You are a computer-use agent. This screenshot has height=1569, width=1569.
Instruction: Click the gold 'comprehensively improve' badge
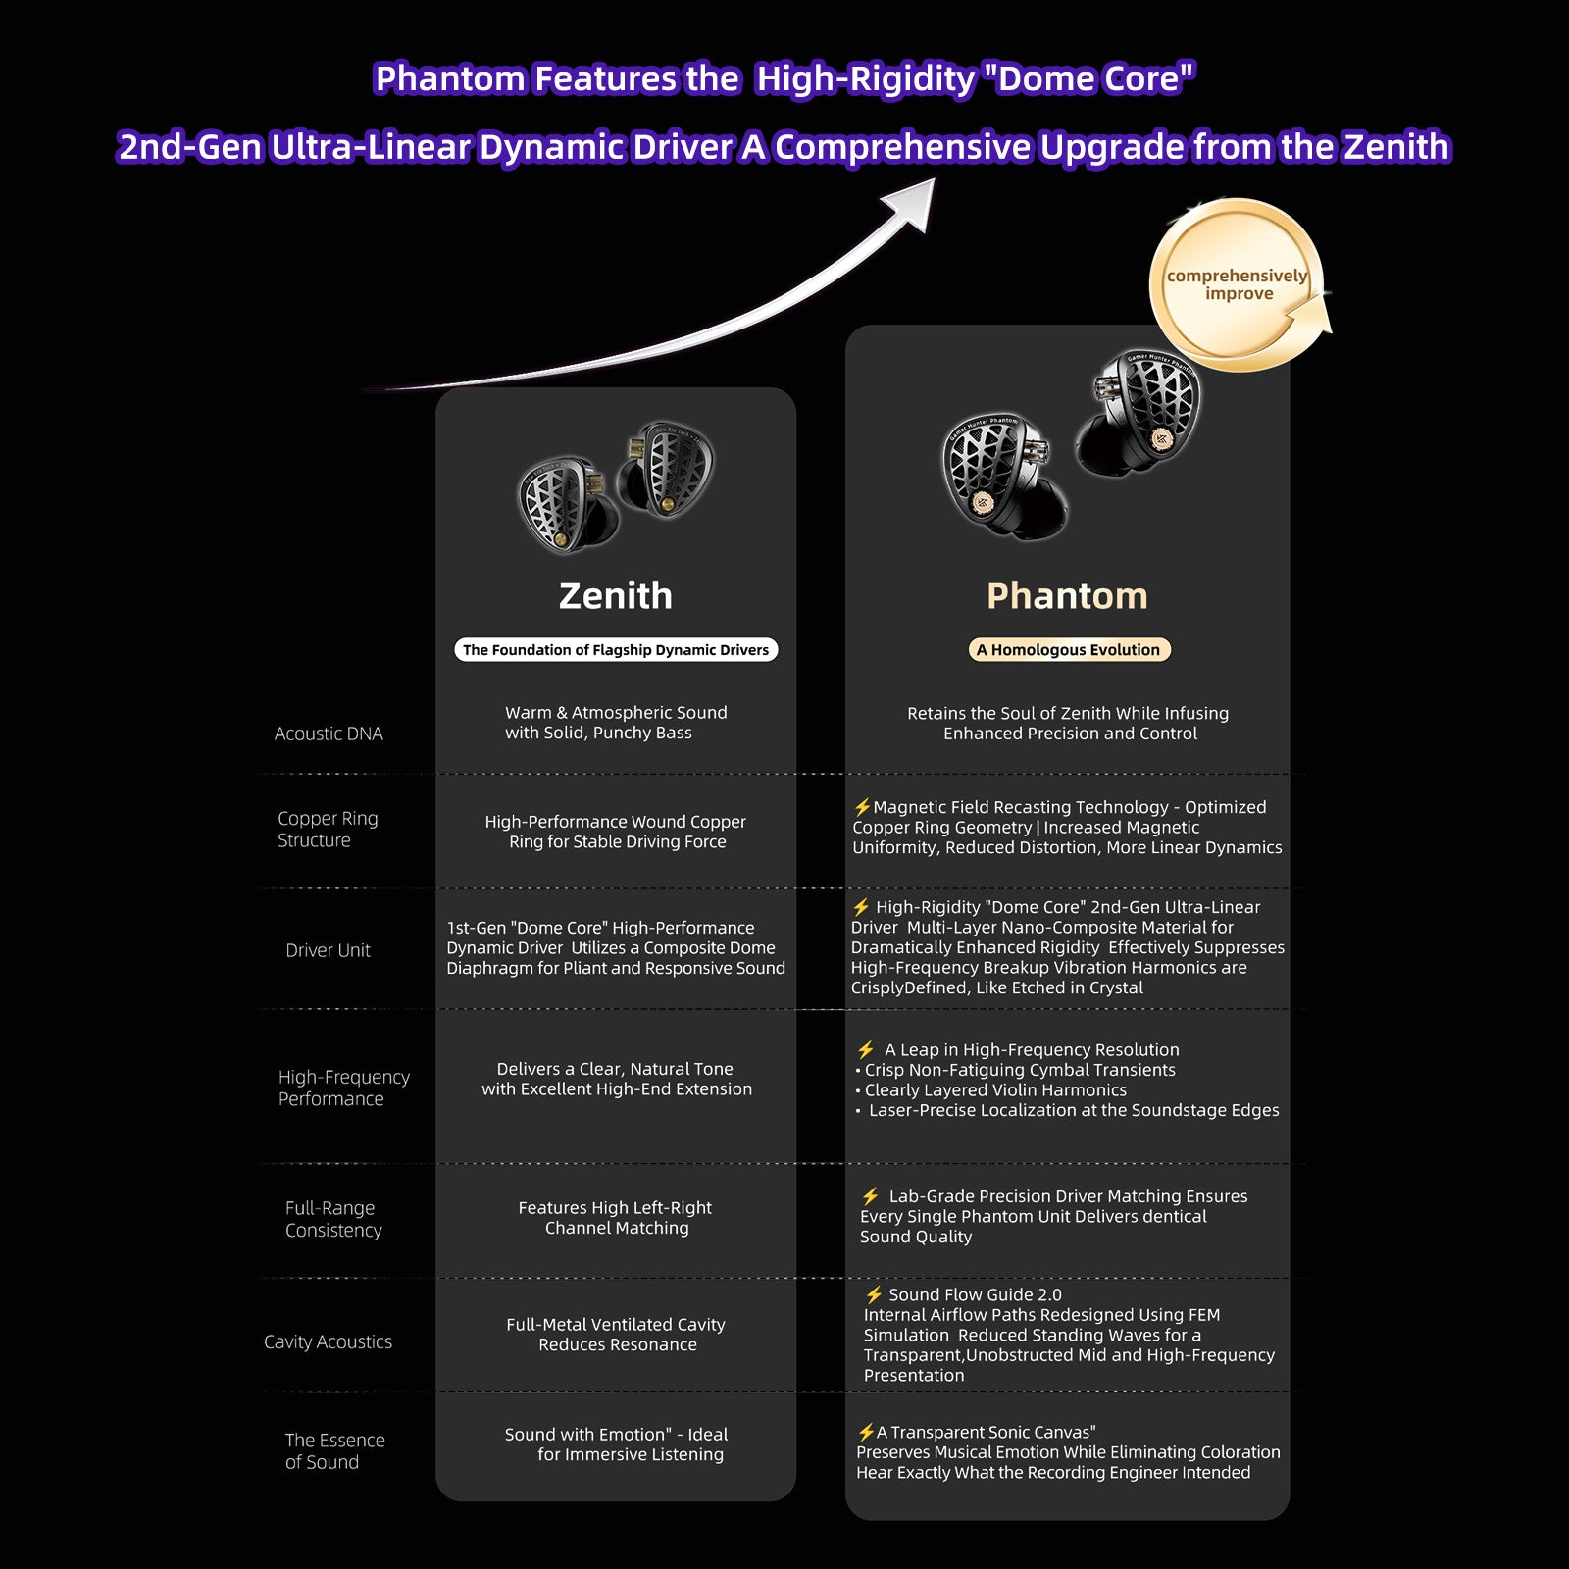(1238, 284)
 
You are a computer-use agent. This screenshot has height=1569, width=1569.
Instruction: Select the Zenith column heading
(616, 596)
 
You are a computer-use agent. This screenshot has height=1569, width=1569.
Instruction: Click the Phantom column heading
(1067, 596)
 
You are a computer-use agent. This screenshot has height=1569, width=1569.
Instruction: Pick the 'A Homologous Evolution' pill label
(1068, 649)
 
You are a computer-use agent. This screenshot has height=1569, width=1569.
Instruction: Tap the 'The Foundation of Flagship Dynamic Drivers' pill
(616, 649)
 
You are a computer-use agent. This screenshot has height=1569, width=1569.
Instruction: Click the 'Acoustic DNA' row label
(329, 734)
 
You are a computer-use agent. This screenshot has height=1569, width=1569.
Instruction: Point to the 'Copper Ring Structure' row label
(328, 829)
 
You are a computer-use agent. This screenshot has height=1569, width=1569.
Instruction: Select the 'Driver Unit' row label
(329, 950)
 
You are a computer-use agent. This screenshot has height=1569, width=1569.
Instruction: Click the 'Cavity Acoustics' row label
(328, 1341)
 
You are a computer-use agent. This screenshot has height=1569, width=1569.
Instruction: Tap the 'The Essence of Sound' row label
(334, 1450)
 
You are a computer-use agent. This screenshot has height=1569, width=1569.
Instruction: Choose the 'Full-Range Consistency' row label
(333, 1219)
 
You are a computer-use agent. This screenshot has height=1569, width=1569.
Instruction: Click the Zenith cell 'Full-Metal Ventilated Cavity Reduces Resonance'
(616, 1335)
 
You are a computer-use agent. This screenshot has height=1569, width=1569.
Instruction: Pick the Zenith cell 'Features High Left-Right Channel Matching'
(616, 1218)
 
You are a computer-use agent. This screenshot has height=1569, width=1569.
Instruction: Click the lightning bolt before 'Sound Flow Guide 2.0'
(874, 1294)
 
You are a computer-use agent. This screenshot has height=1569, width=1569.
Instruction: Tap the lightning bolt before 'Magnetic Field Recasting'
(862, 807)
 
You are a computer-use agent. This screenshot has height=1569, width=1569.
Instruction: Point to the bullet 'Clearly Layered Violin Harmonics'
(990, 1090)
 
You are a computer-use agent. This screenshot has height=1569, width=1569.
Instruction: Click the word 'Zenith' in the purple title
(1395, 147)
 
